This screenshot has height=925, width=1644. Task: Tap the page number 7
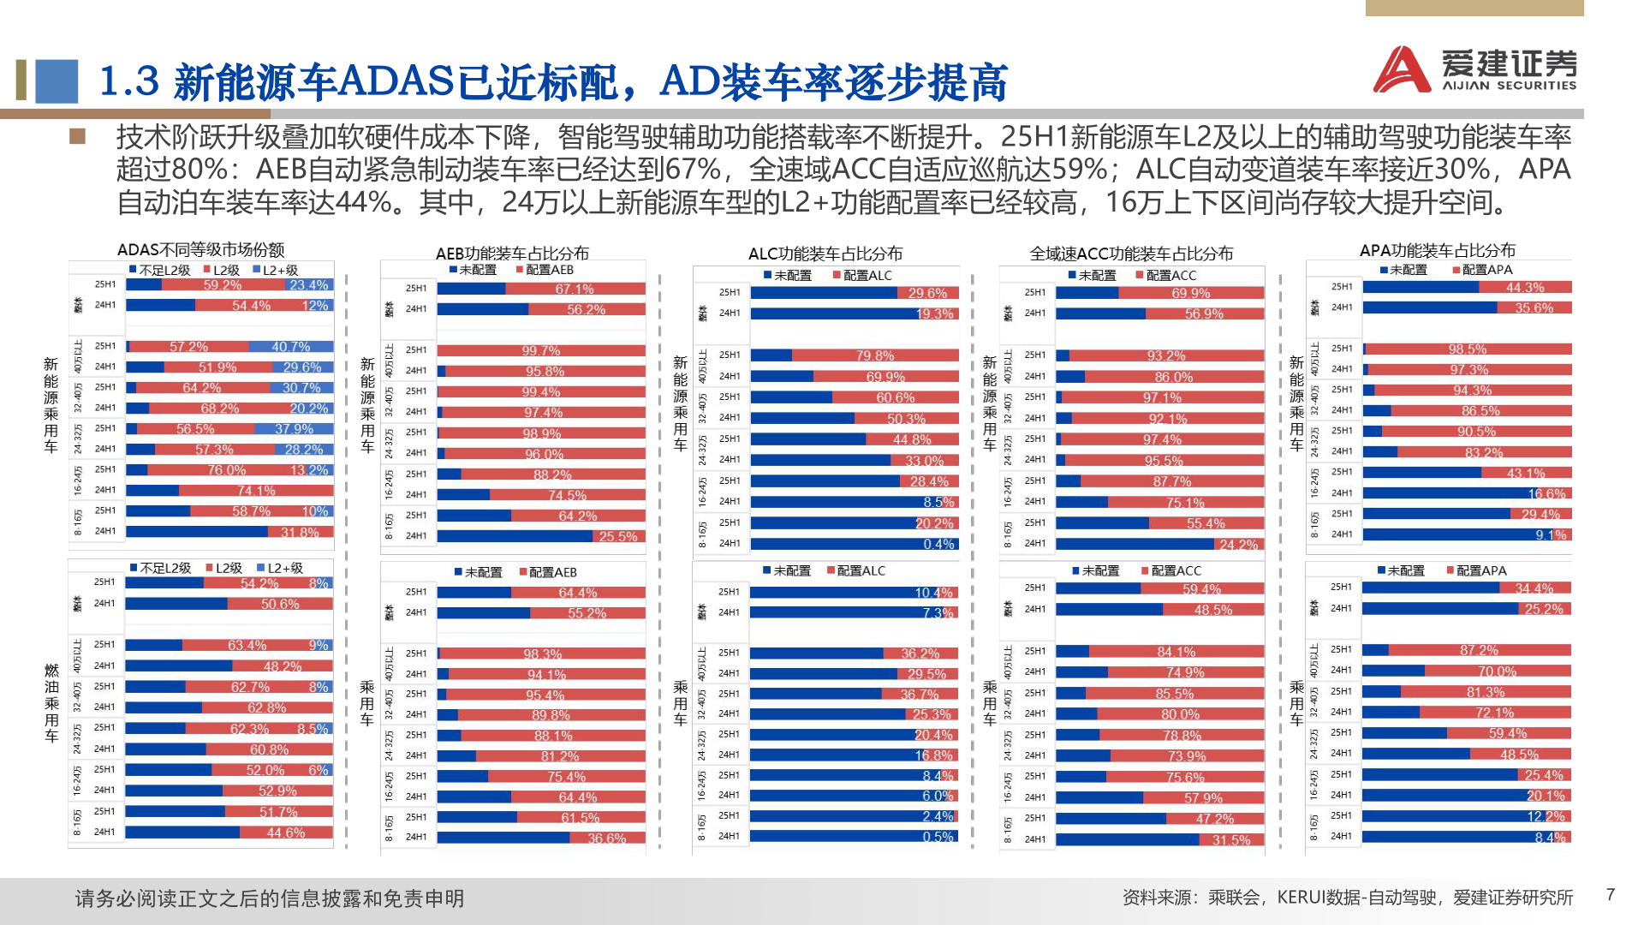[x=1611, y=895]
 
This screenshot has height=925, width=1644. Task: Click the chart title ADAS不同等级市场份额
[x=200, y=250]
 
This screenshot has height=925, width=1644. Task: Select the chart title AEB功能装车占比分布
[x=512, y=254]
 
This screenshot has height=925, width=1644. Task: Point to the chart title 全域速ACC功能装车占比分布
[x=1131, y=254]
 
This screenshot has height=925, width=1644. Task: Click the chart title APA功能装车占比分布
[x=1437, y=250]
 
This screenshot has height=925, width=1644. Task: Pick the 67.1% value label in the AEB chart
[x=574, y=289]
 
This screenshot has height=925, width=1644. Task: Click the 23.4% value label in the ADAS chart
[x=308, y=285]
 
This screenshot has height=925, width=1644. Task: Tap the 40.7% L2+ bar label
[x=290, y=347]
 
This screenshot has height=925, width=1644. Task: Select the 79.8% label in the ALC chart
[x=874, y=355]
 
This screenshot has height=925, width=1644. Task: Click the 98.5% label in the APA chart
[x=1468, y=349]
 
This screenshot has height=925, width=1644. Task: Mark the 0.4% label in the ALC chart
[x=938, y=544]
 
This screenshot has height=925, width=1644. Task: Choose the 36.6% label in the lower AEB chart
[x=606, y=838]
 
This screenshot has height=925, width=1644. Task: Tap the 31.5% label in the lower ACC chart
[x=1230, y=840]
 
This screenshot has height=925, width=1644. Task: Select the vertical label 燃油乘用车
[x=51, y=702]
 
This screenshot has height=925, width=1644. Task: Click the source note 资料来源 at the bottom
[x=1347, y=897]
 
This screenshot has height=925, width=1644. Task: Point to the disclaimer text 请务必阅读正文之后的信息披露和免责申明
[x=269, y=898]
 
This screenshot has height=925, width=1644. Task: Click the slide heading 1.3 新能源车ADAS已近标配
[x=552, y=81]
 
